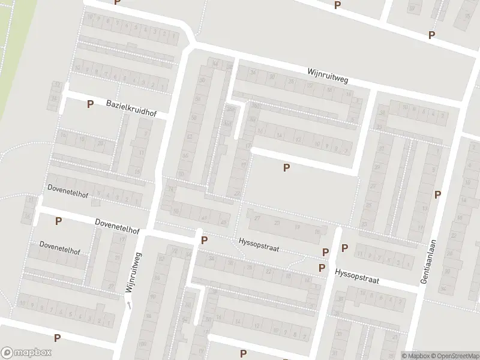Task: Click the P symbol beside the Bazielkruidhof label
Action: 90,104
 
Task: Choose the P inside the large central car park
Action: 286,167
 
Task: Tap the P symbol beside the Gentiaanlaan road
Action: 437,194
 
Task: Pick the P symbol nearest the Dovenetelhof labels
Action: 58,221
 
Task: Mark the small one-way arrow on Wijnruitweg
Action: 128,305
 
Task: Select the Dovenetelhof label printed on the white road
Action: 117,226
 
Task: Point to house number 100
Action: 142,344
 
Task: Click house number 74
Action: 170,190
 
